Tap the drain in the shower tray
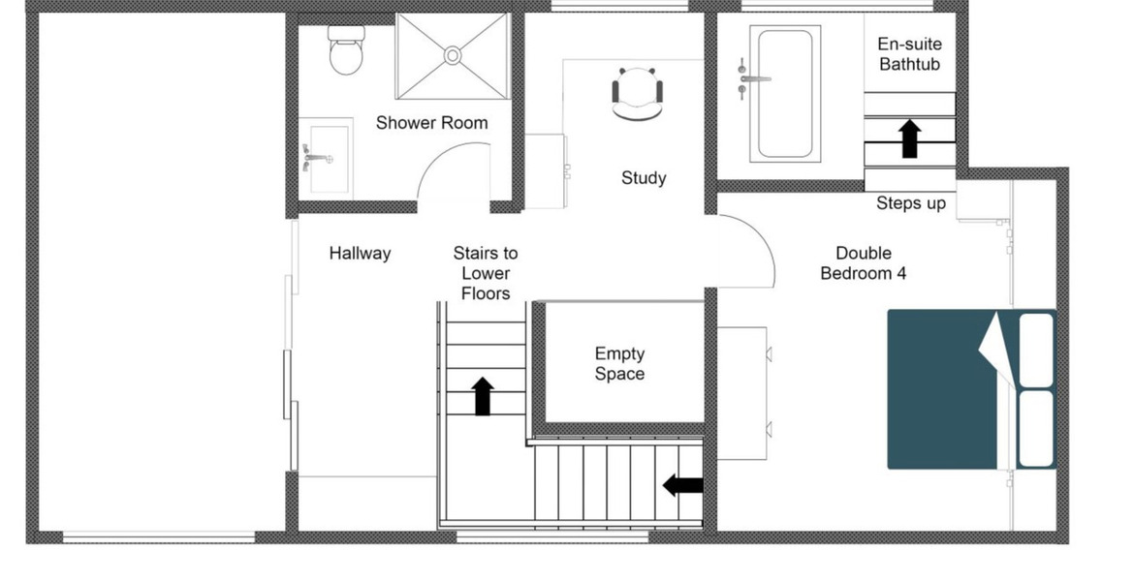click(x=453, y=55)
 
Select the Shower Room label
click(x=431, y=123)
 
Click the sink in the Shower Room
click(x=327, y=158)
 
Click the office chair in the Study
click(x=637, y=93)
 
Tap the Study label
click(x=644, y=178)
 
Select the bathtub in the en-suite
click(x=785, y=93)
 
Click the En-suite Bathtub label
click(x=910, y=54)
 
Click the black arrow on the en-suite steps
click(x=910, y=138)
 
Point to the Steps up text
click(x=910, y=203)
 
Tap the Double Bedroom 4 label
click(x=864, y=263)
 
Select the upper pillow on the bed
click(x=1036, y=350)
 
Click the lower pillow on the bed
click(x=1036, y=429)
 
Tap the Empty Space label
click(x=619, y=363)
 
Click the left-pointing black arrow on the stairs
click(x=682, y=485)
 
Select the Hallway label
click(x=360, y=254)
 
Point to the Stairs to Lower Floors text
click(x=486, y=273)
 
